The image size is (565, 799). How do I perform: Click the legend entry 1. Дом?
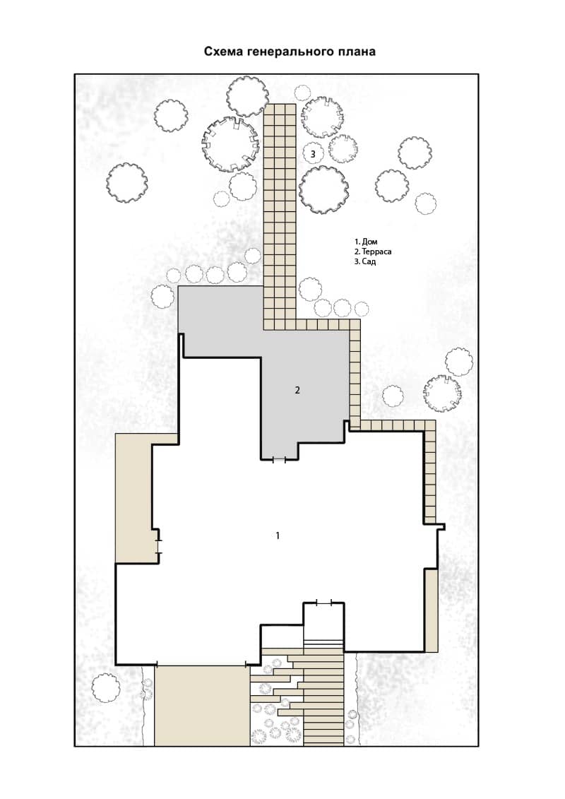[367, 242]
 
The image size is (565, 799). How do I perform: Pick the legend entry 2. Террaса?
[373, 251]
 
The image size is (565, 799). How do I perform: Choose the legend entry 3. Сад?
[365, 262]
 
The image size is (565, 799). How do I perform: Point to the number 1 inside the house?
[278, 535]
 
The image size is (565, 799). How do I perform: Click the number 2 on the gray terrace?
[297, 391]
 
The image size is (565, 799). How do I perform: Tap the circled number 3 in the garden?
[313, 153]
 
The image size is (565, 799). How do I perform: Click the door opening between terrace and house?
[279, 460]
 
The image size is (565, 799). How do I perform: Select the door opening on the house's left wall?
[159, 541]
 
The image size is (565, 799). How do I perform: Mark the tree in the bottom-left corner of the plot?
[106, 688]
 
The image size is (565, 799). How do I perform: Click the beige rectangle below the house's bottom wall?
[202, 706]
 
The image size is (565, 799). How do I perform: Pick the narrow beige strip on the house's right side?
[432, 610]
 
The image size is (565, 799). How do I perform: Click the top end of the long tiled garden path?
[280, 105]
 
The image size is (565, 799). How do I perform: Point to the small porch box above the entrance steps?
[323, 622]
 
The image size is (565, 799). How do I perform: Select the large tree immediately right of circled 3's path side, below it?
[324, 189]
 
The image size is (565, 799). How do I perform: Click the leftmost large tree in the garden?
[127, 183]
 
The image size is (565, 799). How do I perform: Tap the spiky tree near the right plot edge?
[442, 393]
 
